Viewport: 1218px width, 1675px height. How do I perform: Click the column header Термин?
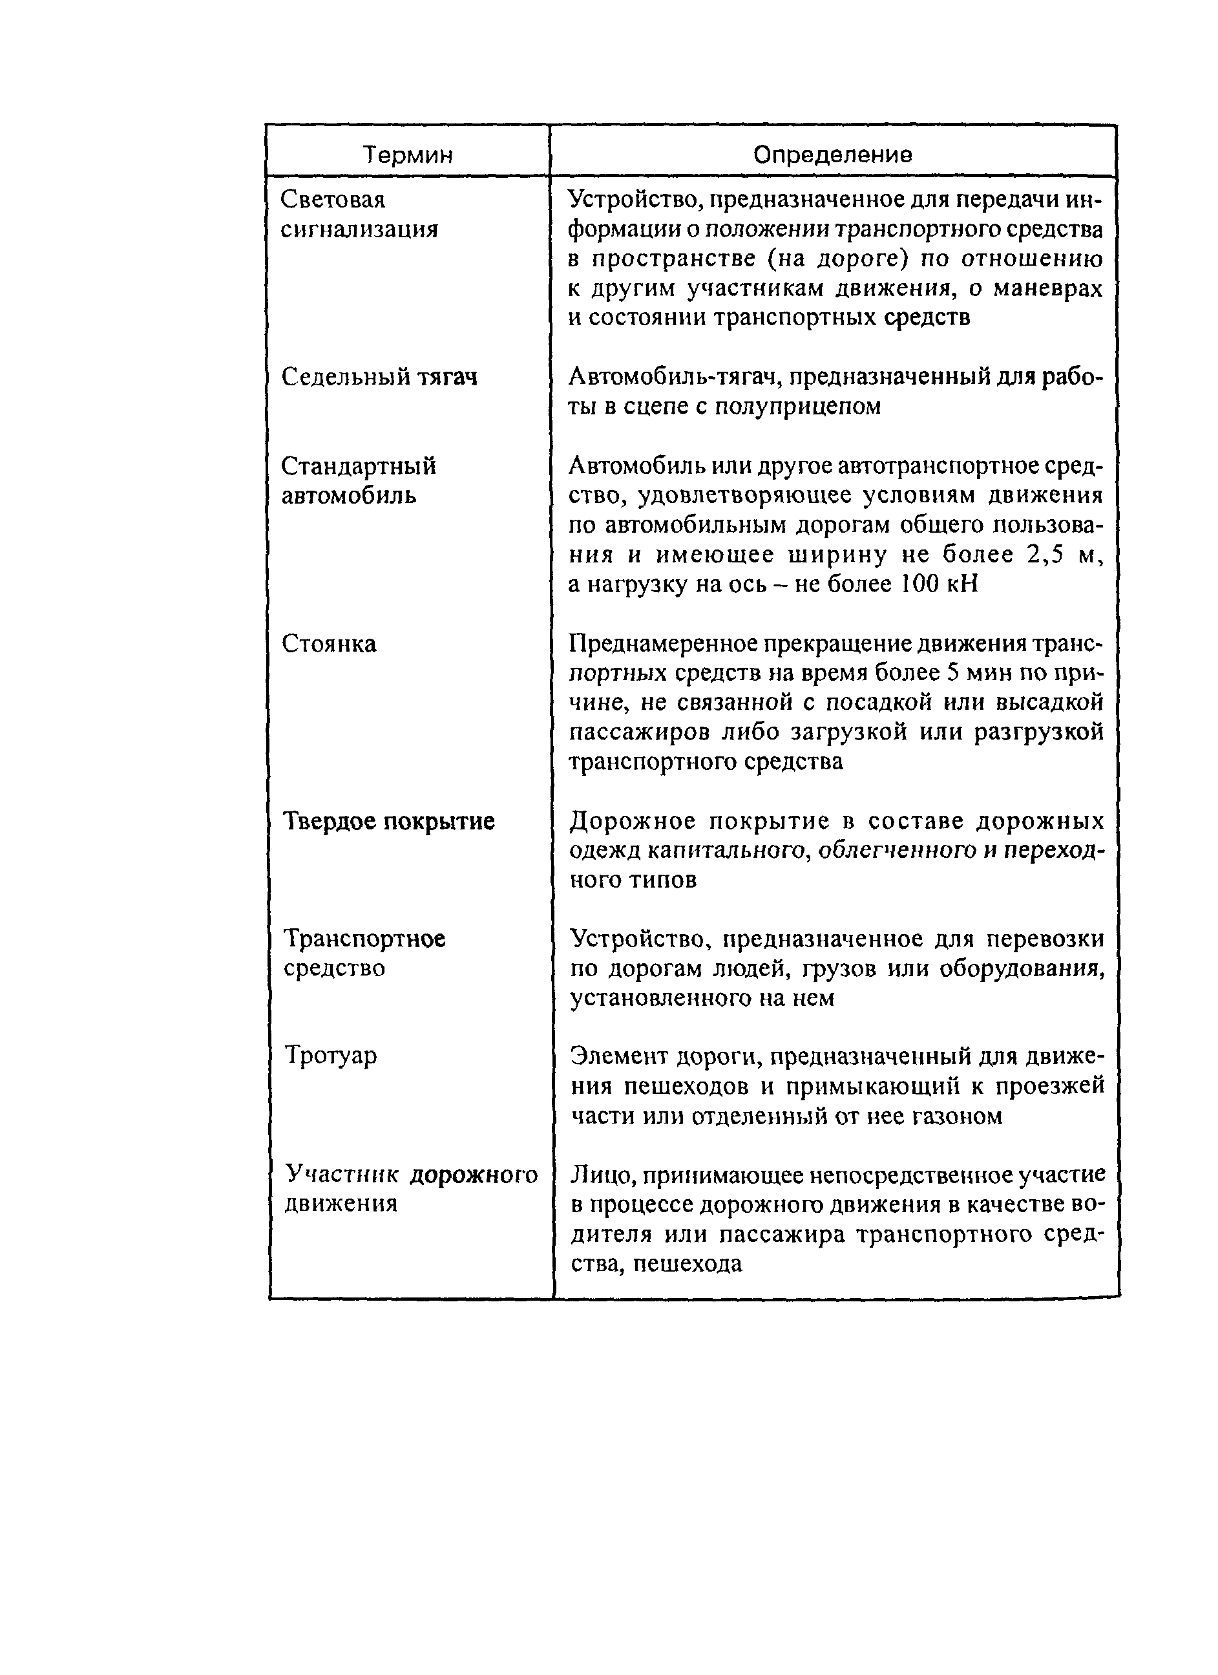pos(408,155)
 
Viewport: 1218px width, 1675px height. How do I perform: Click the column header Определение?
pos(832,155)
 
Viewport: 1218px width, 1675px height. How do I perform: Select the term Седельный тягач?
pos(379,378)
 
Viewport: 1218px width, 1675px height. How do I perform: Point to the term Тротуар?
pos(331,1056)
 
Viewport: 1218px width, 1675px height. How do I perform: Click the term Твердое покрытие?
pos(389,821)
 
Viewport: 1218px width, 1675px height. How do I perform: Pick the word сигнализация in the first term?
pos(359,229)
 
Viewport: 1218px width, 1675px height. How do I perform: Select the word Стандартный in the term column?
pos(359,466)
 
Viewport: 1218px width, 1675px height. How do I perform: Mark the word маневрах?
pos(1047,288)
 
